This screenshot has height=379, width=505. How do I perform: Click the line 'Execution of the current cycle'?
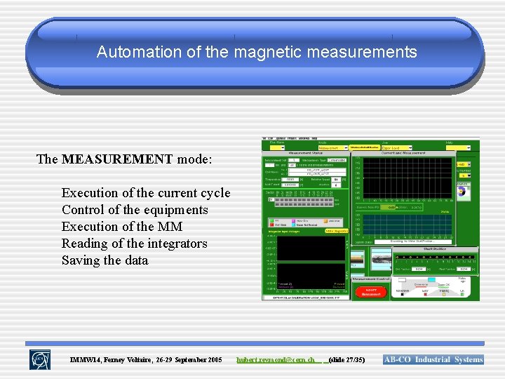(145, 193)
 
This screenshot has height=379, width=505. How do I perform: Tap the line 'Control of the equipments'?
(135, 210)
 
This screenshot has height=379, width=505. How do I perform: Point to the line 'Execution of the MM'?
(121, 227)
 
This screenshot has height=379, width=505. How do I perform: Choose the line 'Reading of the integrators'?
(134, 244)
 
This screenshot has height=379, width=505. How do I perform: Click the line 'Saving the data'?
(105, 260)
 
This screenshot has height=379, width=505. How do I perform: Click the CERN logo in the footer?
(39, 359)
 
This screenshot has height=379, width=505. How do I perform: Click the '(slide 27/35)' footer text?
(346, 360)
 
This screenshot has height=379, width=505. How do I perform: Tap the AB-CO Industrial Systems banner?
(433, 360)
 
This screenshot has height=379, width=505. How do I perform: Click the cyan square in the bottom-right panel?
(431, 280)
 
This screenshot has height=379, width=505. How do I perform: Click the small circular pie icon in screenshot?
(462, 190)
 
